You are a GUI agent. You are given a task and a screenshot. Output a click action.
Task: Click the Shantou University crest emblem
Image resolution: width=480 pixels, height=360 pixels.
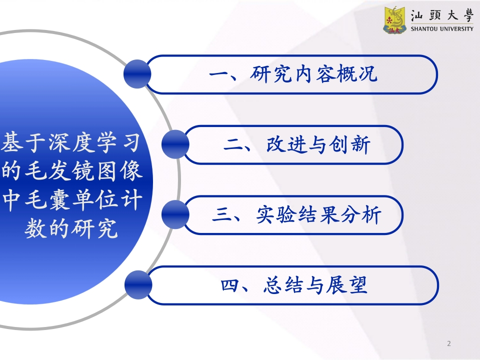[395, 20]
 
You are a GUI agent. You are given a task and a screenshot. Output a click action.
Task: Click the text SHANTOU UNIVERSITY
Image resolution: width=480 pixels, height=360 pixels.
[441, 29]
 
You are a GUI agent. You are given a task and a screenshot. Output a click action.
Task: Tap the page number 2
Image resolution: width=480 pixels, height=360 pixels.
[449, 343]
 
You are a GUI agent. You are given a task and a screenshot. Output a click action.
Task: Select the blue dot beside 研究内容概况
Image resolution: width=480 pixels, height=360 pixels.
[137, 74]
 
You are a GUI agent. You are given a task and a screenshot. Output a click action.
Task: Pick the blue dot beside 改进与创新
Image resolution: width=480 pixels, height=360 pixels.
[175, 144]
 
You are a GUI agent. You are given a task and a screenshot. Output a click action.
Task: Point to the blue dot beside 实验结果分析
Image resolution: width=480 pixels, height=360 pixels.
[175, 214]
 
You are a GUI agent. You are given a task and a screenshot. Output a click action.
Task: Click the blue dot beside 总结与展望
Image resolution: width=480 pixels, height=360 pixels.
[138, 285]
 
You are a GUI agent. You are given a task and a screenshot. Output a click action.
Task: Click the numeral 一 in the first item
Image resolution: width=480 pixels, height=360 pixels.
[219, 74]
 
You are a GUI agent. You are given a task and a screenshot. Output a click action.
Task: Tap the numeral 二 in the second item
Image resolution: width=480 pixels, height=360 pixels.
[233, 144]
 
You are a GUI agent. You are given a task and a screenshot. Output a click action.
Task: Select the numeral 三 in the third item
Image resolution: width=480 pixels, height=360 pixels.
[222, 214]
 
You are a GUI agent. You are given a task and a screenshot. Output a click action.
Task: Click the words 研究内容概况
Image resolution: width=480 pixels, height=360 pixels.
[313, 74]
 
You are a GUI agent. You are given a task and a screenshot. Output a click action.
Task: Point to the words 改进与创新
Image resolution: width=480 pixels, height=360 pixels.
[318, 144]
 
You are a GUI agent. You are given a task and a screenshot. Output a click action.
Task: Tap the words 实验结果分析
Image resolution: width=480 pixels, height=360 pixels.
[318, 214]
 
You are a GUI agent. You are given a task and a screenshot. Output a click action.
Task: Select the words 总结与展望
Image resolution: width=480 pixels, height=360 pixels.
[315, 285]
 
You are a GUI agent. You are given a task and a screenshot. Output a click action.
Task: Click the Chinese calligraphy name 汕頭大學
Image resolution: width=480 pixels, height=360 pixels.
[442, 15]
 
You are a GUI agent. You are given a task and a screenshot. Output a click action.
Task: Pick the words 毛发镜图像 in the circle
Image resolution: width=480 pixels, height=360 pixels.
[83, 171]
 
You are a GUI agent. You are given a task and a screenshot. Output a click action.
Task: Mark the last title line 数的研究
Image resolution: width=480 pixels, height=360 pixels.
[71, 228]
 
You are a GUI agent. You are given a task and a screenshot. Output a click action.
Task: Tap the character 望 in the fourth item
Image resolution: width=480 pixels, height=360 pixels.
[357, 285]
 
